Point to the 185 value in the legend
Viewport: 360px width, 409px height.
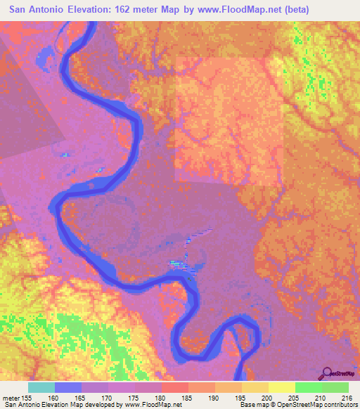click(x=188, y=397)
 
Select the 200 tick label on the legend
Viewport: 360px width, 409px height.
click(x=268, y=397)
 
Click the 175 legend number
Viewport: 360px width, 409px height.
click(x=134, y=397)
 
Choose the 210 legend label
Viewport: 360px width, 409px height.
click(x=321, y=397)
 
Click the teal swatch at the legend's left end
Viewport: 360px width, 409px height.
click(x=41, y=387)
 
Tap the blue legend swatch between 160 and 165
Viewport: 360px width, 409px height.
click(x=67, y=387)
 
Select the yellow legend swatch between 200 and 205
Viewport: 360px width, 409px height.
click(x=281, y=387)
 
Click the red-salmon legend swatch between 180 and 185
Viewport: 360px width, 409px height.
click(x=174, y=387)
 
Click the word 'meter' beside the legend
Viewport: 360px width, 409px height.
click(x=10, y=397)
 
